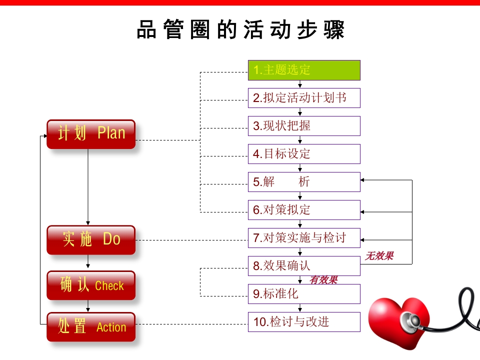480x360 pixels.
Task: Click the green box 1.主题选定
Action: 304,70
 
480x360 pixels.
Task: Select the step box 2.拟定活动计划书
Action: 304,98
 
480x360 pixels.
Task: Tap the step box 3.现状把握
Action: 304,126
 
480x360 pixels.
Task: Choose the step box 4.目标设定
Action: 304,154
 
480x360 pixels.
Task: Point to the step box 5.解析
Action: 304,182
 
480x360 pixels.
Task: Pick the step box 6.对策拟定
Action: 304,210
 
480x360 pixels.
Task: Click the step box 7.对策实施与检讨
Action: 304,238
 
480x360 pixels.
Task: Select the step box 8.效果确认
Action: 304,266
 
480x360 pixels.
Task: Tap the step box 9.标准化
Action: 304,294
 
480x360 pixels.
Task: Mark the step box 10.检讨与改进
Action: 304,322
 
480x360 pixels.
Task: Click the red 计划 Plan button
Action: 91,134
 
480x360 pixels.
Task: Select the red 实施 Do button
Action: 91,239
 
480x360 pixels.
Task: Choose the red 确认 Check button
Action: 91,285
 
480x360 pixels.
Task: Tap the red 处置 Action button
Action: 91,327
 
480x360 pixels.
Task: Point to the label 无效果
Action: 379,256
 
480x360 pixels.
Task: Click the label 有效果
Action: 323,280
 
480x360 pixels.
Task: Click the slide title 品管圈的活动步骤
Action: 240,30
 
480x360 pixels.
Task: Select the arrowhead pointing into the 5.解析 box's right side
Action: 363,180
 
